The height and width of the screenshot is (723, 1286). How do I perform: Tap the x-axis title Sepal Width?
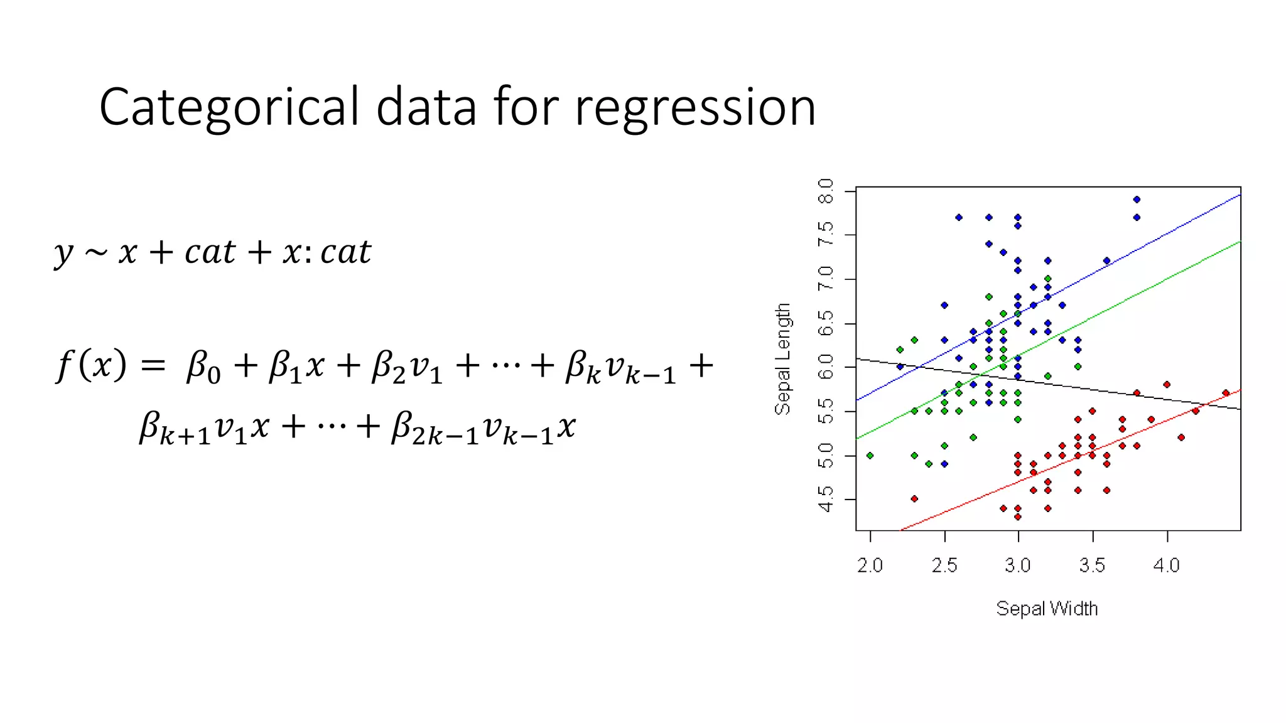click(1047, 608)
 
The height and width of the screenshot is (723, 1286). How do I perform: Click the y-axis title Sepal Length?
click(782, 359)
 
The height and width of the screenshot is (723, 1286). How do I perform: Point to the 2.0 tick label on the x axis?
click(870, 565)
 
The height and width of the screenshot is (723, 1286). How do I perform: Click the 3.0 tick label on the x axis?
click(1017, 565)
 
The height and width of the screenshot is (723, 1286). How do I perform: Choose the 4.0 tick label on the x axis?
click(1166, 565)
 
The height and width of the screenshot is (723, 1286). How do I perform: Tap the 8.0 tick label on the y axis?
click(826, 191)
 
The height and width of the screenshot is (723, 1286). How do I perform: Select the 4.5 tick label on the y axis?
click(826, 499)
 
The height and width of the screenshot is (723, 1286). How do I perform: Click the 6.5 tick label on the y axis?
click(826, 323)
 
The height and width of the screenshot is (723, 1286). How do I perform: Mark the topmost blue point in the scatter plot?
click(1137, 200)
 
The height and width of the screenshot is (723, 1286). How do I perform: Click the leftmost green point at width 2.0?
click(870, 456)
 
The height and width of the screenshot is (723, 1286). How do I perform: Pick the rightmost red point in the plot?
click(1226, 394)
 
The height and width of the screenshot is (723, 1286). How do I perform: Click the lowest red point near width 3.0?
click(1018, 517)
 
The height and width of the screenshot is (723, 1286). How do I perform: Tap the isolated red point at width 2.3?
click(914, 499)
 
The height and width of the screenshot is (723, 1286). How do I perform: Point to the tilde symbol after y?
click(96, 253)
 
